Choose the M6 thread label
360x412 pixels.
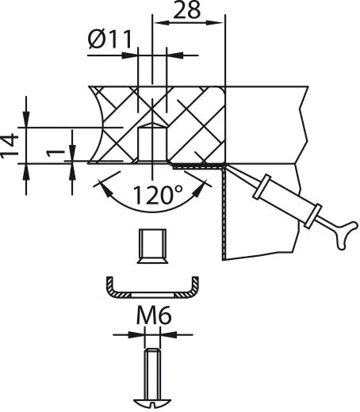pyautogui.click(x=152, y=319)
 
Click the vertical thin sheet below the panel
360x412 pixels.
pyautogui.click(x=224, y=214)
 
